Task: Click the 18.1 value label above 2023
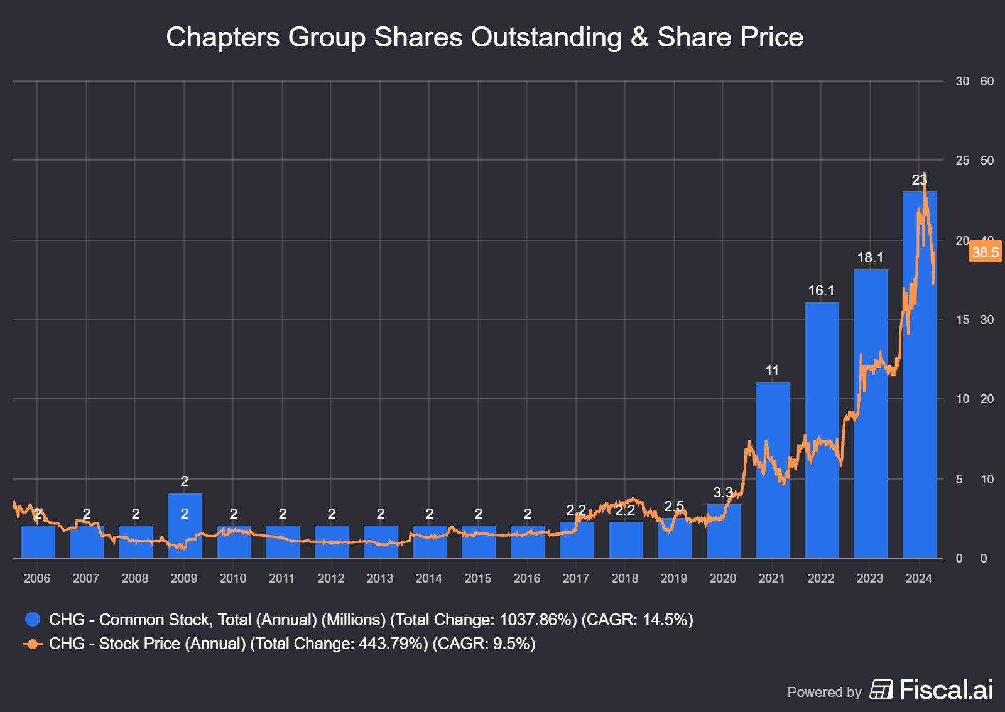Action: click(870, 257)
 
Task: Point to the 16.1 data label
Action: click(821, 290)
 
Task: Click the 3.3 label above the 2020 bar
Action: click(723, 492)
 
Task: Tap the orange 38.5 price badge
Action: click(985, 252)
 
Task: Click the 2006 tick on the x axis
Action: click(37, 578)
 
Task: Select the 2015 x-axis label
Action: click(478, 578)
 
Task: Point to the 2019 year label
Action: click(674, 578)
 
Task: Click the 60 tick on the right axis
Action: click(987, 81)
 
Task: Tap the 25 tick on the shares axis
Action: click(962, 160)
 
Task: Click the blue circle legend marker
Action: click(33, 620)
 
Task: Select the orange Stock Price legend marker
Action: click(33, 644)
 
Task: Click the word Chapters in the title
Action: click(222, 37)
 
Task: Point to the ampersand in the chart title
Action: click(639, 37)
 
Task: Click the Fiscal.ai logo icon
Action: click(881, 689)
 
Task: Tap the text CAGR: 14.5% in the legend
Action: click(637, 620)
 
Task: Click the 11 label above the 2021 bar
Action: click(772, 371)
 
